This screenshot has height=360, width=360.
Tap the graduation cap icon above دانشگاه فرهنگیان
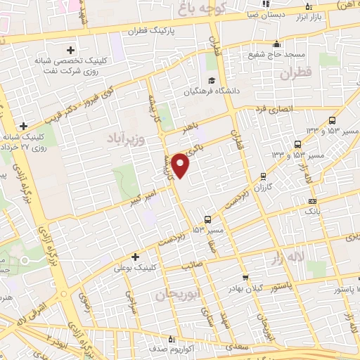[x=210, y=80]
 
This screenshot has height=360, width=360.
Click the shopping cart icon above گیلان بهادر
[x=245, y=277]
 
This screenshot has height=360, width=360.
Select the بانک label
[x=313, y=211]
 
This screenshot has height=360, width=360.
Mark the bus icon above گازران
[x=263, y=176]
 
